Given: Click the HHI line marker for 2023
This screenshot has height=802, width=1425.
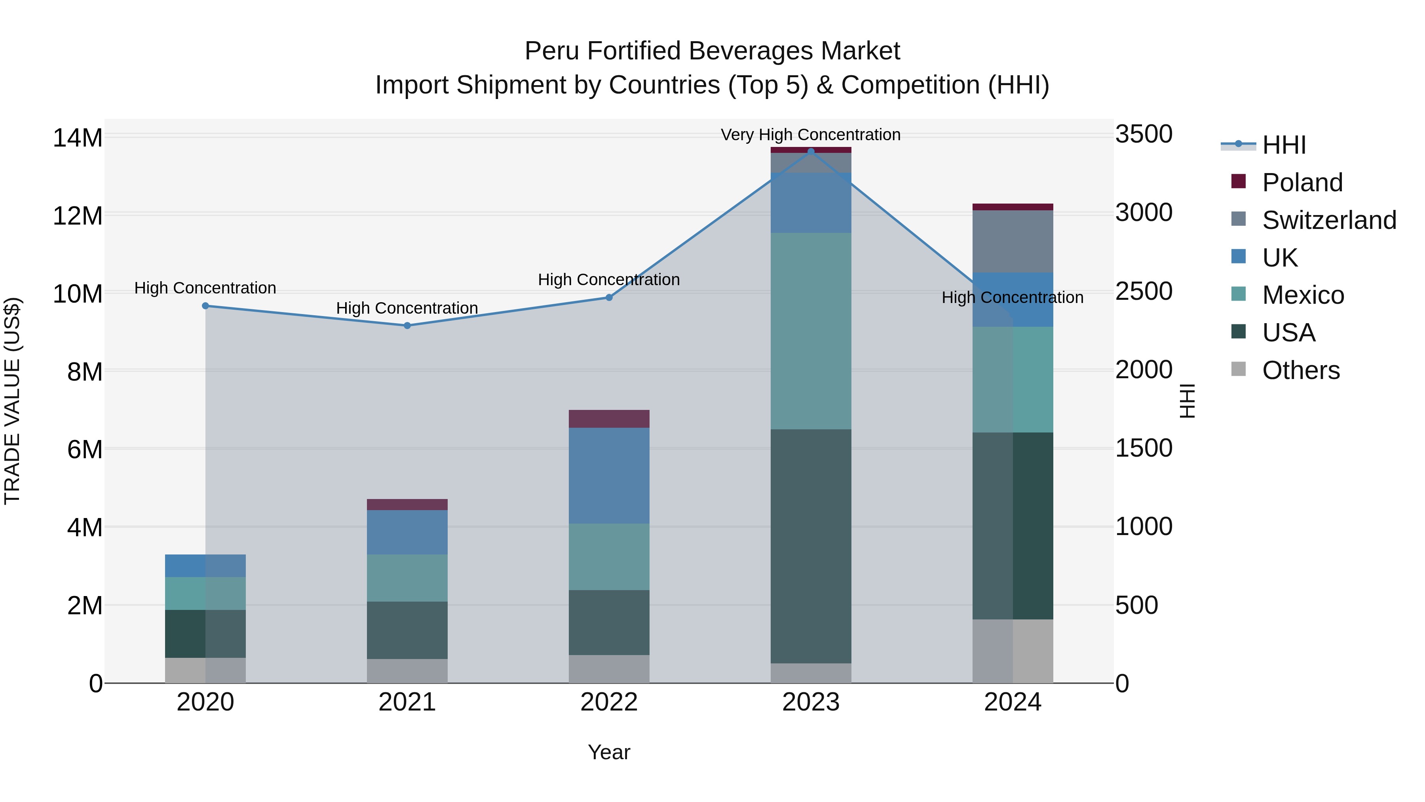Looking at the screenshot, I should coord(811,151).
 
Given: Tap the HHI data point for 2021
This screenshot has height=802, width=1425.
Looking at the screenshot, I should coord(407,326).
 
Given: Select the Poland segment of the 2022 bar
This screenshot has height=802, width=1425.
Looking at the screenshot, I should coord(609,419).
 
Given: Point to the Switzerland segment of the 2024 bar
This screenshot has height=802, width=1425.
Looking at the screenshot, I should coord(1013,241).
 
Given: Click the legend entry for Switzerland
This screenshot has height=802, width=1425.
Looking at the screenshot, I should coord(1329,220).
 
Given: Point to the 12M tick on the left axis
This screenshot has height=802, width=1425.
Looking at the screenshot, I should coord(78,215).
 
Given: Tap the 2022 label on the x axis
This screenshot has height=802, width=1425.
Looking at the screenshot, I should coord(609,702).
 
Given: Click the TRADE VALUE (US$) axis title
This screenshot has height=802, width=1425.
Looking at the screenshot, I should coord(12,401).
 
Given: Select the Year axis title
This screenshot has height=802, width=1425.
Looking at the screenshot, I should coord(609,752).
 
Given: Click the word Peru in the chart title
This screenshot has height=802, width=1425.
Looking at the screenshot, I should coord(551,51).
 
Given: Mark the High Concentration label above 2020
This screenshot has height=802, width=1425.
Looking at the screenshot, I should coord(205,288).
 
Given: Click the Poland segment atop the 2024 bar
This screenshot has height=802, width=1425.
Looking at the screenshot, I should coord(1013,207).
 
